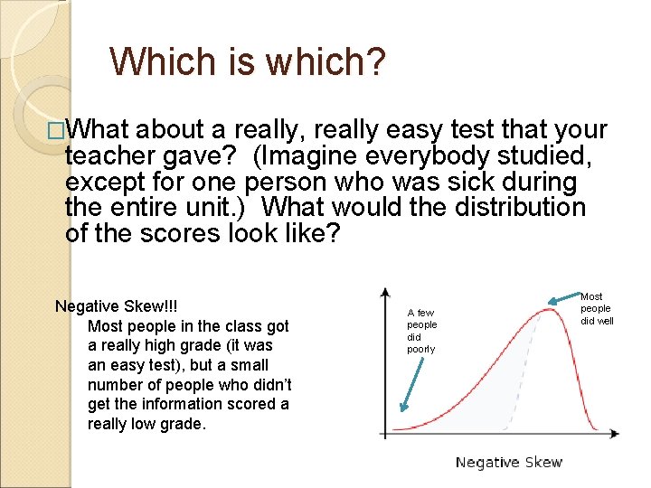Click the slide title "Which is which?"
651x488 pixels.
tap(247, 61)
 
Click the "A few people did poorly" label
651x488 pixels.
tap(421, 331)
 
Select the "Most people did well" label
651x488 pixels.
tap(597, 308)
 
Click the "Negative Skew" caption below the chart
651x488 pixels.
tap(508, 463)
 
